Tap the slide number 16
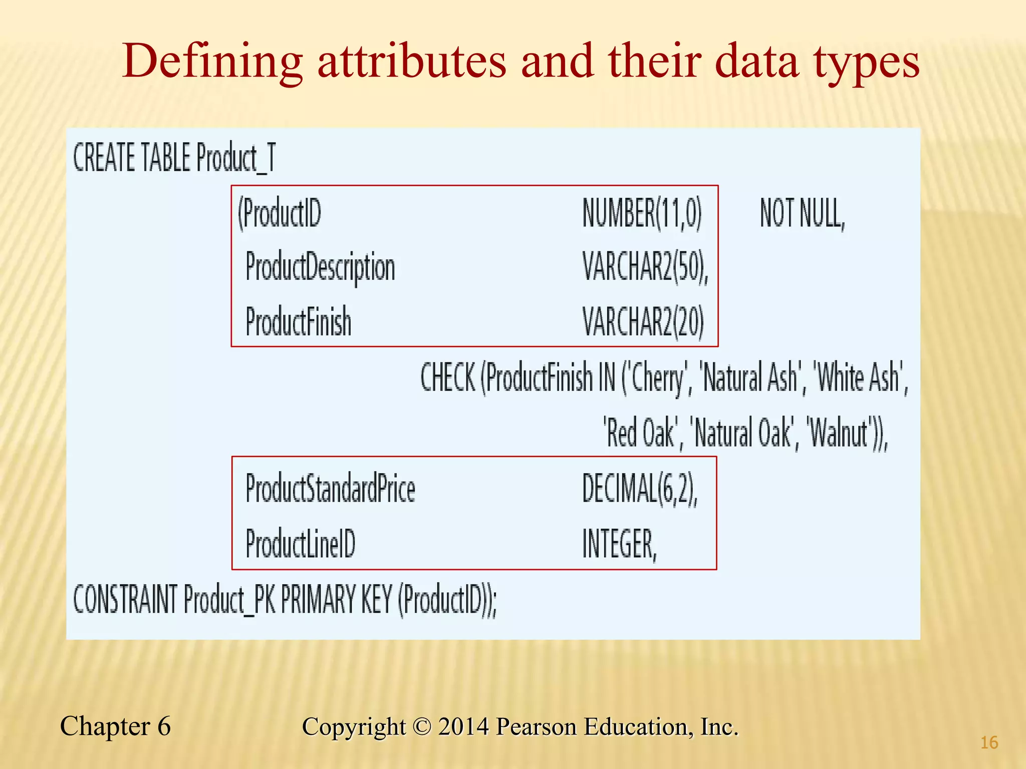point(989,742)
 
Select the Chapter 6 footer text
point(115,726)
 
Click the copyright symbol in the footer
point(422,727)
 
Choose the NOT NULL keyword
point(802,214)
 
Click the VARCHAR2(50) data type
point(645,267)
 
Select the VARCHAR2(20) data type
point(643,321)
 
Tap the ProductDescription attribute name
point(320,267)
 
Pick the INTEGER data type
point(619,544)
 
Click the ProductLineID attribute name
point(301,544)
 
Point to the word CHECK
point(447,377)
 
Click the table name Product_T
point(235,158)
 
